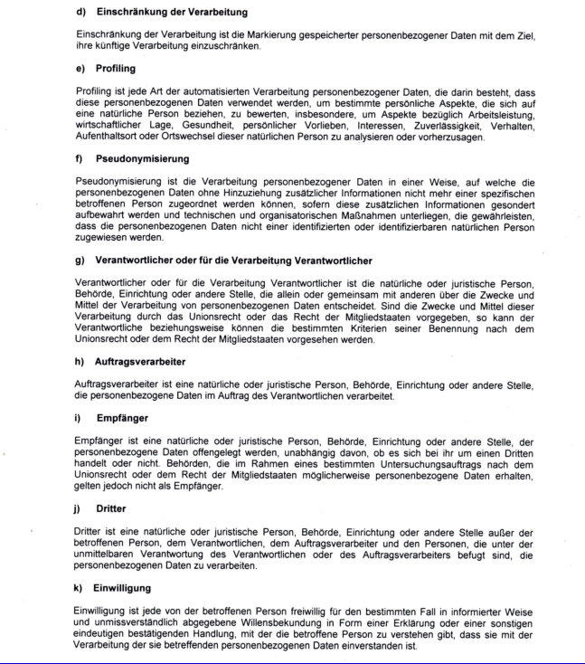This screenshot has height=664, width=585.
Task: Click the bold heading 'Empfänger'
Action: [x=121, y=418]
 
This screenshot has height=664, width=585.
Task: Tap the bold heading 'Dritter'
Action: [x=110, y=508]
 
